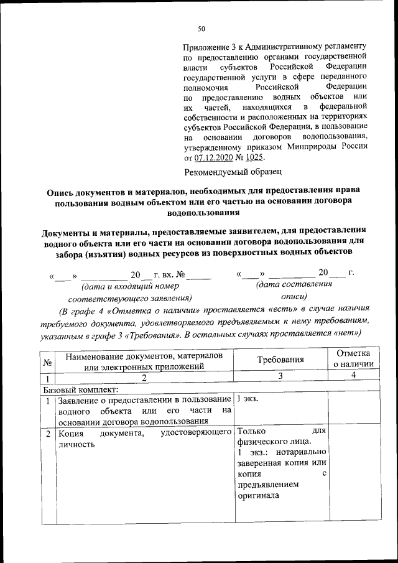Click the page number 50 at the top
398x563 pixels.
pos(201,29)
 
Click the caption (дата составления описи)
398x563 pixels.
pos(294,291)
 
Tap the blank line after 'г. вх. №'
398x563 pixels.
pos(199,274)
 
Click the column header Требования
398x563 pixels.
pos(280,360)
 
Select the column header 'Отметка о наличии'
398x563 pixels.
pos(353,359)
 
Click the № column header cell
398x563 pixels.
pos(47,361)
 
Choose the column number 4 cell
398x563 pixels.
pos(353,376)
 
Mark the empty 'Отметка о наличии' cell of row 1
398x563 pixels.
pos(353,410)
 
